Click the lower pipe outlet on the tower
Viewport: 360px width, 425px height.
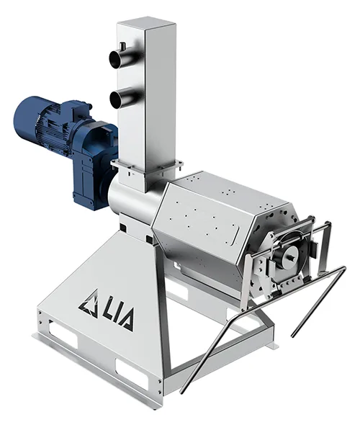tap(120, 97)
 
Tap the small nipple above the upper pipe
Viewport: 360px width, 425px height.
tap(122, 46)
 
